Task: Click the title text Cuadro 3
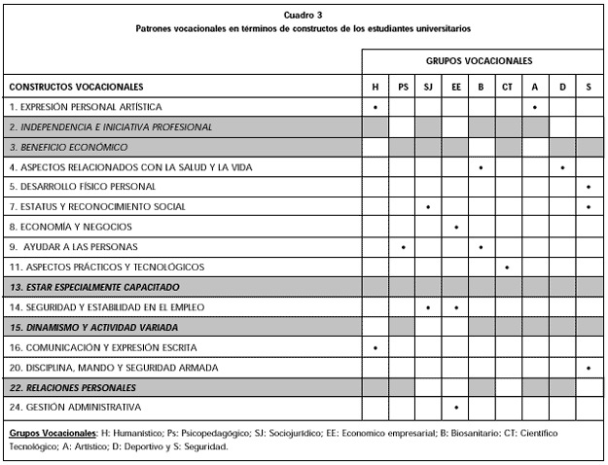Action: pyautogui.click(x=304, y=16)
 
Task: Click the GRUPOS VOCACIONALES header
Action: pyautogui.click(x=479, y=60)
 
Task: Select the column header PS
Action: pyautogui.click(x=403, y=87)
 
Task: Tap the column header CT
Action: pyautogui.click(x=507, y=87)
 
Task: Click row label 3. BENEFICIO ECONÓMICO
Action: pyautogui.click(x=68, y=147)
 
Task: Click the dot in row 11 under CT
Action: pyautogui.click(x=507, y=267)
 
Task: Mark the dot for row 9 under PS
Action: pyautogui.click(x=403, y=247)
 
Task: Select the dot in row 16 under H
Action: pyautogui.click(x=376, y=347)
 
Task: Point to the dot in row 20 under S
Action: pyautogui.click(x=589, y=368)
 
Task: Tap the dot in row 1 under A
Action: pyautogui.click(x=535, y=107)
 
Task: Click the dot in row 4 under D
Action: pyautogui.click(x=562, y=167)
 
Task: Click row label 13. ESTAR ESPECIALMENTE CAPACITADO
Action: pyautogui.click(x=94, y=287)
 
